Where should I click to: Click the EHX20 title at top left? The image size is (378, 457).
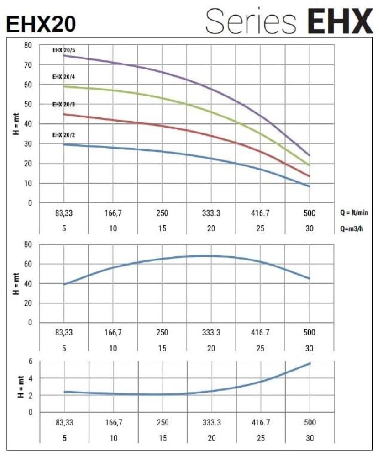point(41,24)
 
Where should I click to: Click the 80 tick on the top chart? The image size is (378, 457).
point(28,45)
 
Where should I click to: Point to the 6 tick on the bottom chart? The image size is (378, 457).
point(31,361)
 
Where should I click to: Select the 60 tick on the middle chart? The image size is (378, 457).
point(28,264)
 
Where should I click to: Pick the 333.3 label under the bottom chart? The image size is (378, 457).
point(211,423)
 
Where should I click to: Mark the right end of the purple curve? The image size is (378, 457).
point(310,156)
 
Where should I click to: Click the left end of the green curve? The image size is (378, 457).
point(64,86)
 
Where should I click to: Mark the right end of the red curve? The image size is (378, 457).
point(310,176)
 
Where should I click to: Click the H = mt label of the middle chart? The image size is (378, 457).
point(17,283)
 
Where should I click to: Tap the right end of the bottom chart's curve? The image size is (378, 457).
point(310,363)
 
